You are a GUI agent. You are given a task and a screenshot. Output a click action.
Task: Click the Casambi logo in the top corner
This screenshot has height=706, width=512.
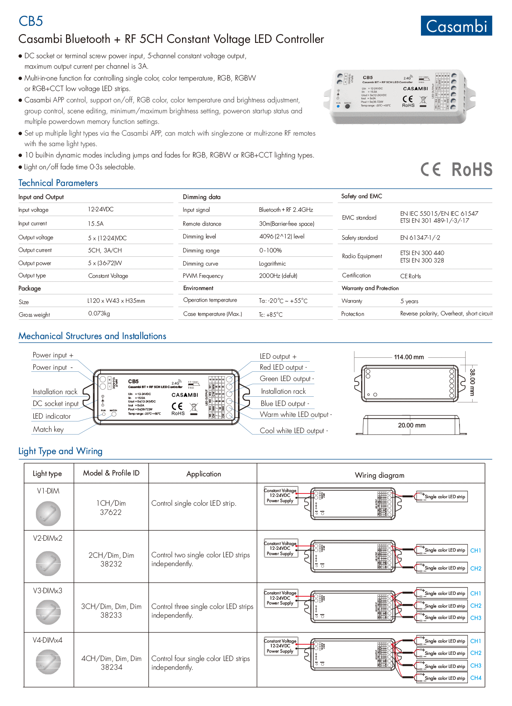456,26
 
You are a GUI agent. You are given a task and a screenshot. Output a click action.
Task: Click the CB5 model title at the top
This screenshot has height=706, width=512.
31,21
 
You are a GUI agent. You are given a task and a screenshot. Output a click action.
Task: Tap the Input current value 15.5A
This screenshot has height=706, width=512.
95,224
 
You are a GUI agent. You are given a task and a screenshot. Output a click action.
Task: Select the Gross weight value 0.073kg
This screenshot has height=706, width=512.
99,314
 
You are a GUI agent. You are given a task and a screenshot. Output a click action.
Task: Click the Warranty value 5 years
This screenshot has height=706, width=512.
409,301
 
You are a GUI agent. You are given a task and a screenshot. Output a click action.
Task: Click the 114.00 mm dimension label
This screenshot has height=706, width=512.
409,357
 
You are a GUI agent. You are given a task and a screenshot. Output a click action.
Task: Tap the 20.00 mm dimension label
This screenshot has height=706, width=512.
411,425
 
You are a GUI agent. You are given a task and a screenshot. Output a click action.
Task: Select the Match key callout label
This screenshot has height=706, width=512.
48,430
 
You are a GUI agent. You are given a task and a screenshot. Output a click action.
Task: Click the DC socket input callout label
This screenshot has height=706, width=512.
56,404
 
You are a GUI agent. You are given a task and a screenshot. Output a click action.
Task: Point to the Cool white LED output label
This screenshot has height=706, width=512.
294,431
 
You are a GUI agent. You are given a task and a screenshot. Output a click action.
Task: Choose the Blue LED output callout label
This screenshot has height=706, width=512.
285,404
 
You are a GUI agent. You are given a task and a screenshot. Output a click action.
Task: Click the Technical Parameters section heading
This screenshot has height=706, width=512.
58,183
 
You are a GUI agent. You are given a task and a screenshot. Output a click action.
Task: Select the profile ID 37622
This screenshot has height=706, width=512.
111,512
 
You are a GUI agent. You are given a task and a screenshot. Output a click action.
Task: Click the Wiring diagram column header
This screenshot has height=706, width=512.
379,475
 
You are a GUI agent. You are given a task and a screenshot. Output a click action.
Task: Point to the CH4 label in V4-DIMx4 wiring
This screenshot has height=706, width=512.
476,678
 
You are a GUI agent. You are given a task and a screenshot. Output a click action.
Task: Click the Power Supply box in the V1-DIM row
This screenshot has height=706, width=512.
281,496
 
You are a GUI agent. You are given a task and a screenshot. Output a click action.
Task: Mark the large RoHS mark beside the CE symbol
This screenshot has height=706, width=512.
472,170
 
